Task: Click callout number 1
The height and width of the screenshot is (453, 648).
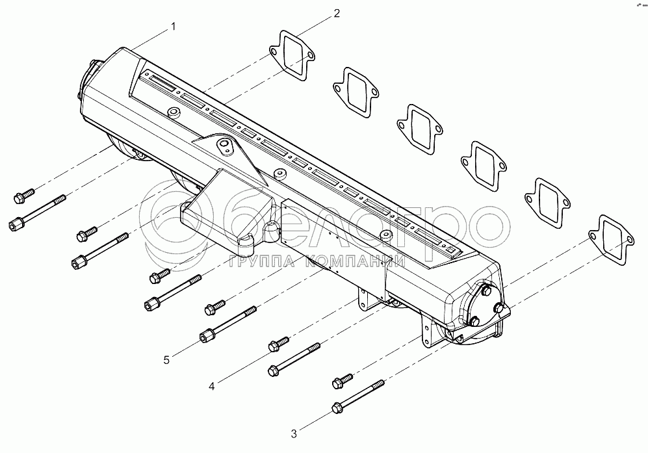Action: point(173,27)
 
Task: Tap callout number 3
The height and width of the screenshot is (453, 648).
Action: point(293,433)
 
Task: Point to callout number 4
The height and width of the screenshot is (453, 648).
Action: point(211,386)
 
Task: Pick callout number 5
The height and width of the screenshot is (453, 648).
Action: point(166,359)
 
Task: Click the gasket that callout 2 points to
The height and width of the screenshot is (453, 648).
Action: point(292,56)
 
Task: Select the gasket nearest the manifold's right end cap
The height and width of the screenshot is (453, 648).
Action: point(610,240)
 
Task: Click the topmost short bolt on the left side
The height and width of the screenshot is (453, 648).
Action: point(25,194)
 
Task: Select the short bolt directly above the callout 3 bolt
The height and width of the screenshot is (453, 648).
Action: point(343,379)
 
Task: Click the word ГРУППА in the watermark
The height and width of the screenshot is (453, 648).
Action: point(255,262)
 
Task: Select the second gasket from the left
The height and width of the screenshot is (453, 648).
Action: point(355,91)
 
